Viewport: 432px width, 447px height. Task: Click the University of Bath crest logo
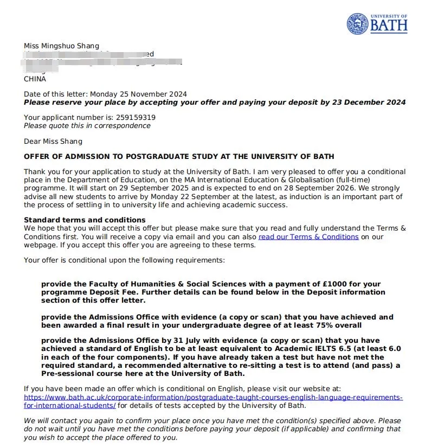(358, 23)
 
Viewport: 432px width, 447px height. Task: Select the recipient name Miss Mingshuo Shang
(61, 45)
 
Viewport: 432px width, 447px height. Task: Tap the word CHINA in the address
(35, 79)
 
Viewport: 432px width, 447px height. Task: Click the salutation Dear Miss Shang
(53, 141)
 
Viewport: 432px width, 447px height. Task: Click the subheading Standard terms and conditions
(85, 220)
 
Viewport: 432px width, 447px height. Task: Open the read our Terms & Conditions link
(308, 237)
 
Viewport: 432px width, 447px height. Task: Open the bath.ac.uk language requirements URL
(213, 398)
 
